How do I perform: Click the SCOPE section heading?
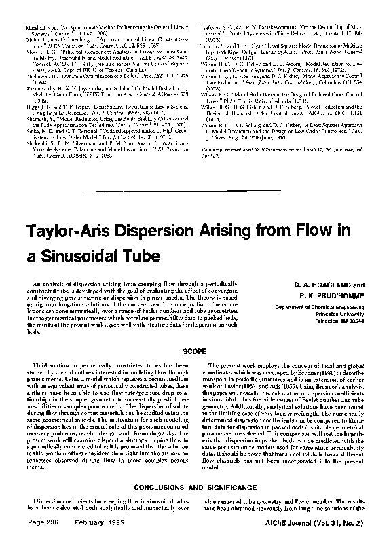pos(195,353)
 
